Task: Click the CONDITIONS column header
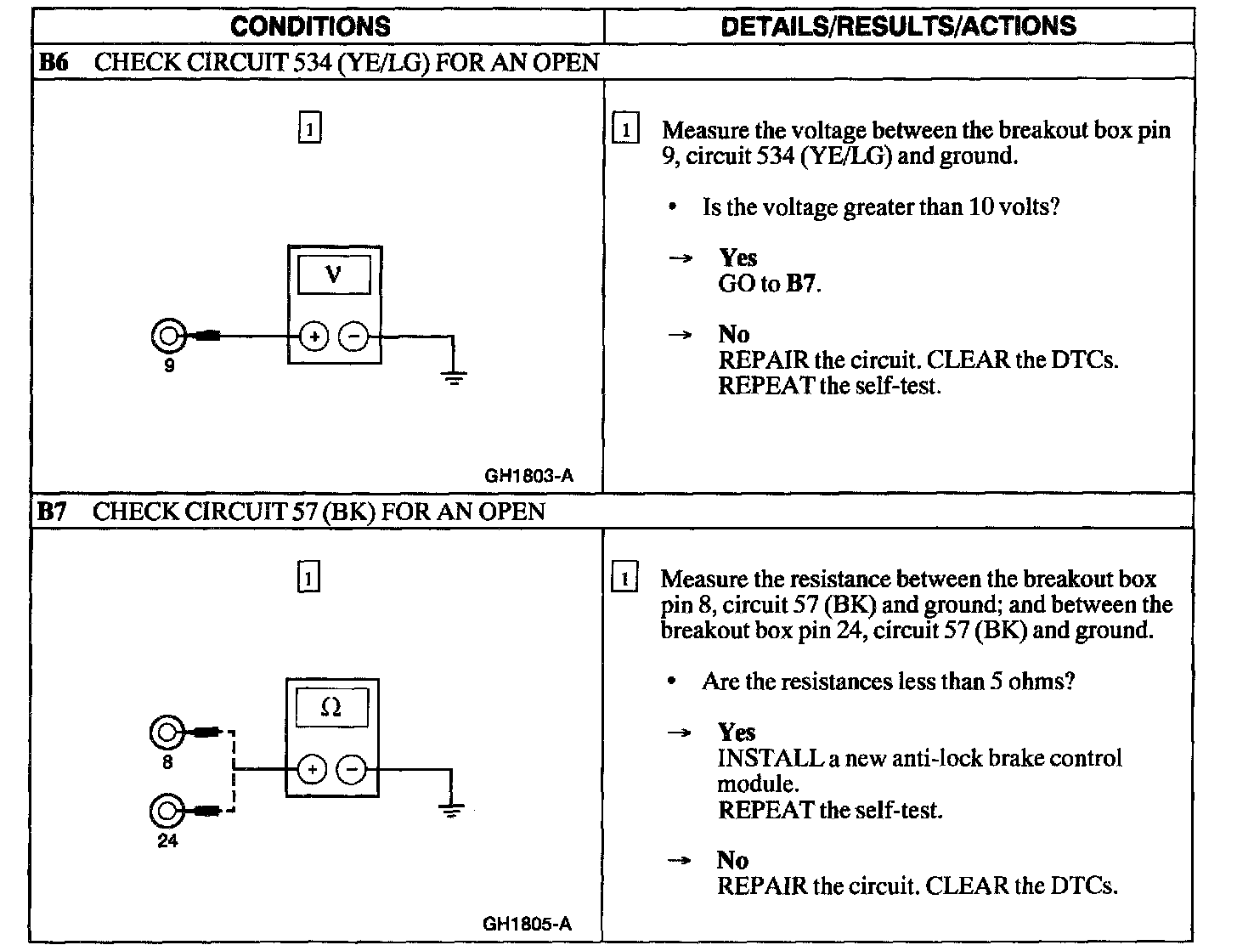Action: click(310, 26)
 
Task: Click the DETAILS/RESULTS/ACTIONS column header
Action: click(898, 26)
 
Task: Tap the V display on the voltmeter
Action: click(334, 275)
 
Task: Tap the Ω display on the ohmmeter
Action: click(332, 707)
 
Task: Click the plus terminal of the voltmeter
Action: click(313, 337)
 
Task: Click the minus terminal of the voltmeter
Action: click(353, 337)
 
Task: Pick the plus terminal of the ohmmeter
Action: click(312, 770)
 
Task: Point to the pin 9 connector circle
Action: click(167, 337)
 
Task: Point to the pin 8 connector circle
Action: click(166, 733)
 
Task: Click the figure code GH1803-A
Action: click(528, 476)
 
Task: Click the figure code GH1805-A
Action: click(527, 925)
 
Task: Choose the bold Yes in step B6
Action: click(737, 257)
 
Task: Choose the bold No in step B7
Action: click(732, 860)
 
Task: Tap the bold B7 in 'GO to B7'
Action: click(801, 284)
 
